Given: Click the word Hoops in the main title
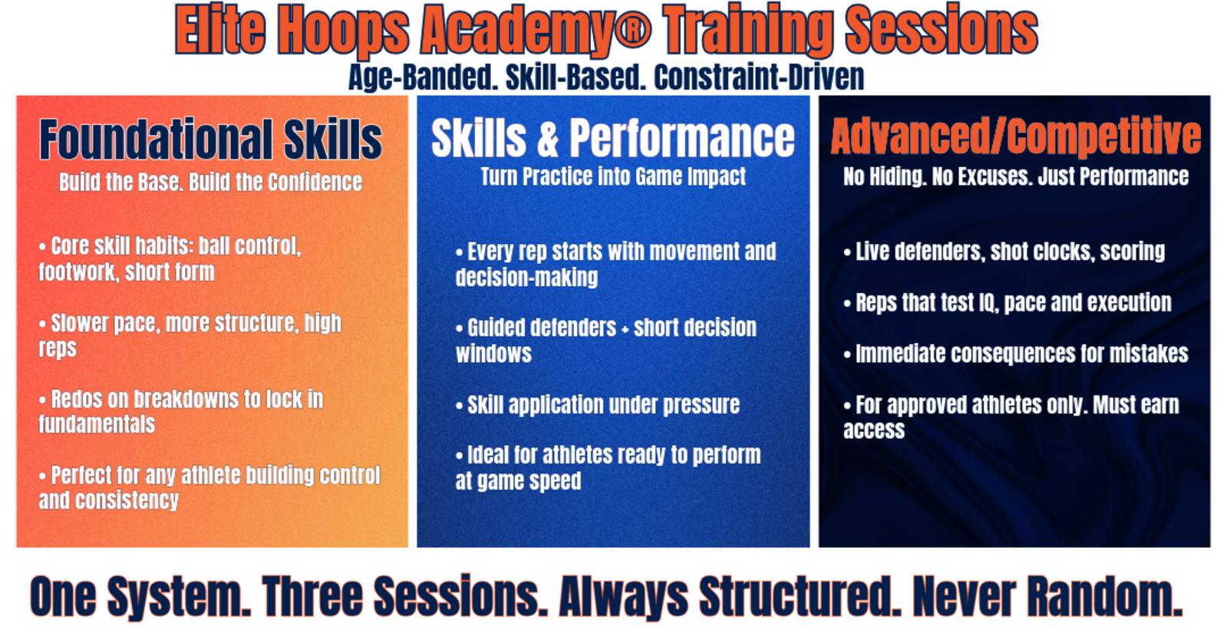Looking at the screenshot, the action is click(343, 31).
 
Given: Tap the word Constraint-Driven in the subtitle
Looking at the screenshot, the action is click(759, 77).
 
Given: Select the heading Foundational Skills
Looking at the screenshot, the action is click(210, 139).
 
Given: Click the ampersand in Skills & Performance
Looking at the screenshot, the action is click(548, 139).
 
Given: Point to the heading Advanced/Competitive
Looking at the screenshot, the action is click(1015, 136).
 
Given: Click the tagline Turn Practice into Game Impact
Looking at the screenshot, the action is click(613, 176).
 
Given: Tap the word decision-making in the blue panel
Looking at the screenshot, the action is click(526, 278).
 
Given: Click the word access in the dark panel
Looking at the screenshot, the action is click(874, 430).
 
